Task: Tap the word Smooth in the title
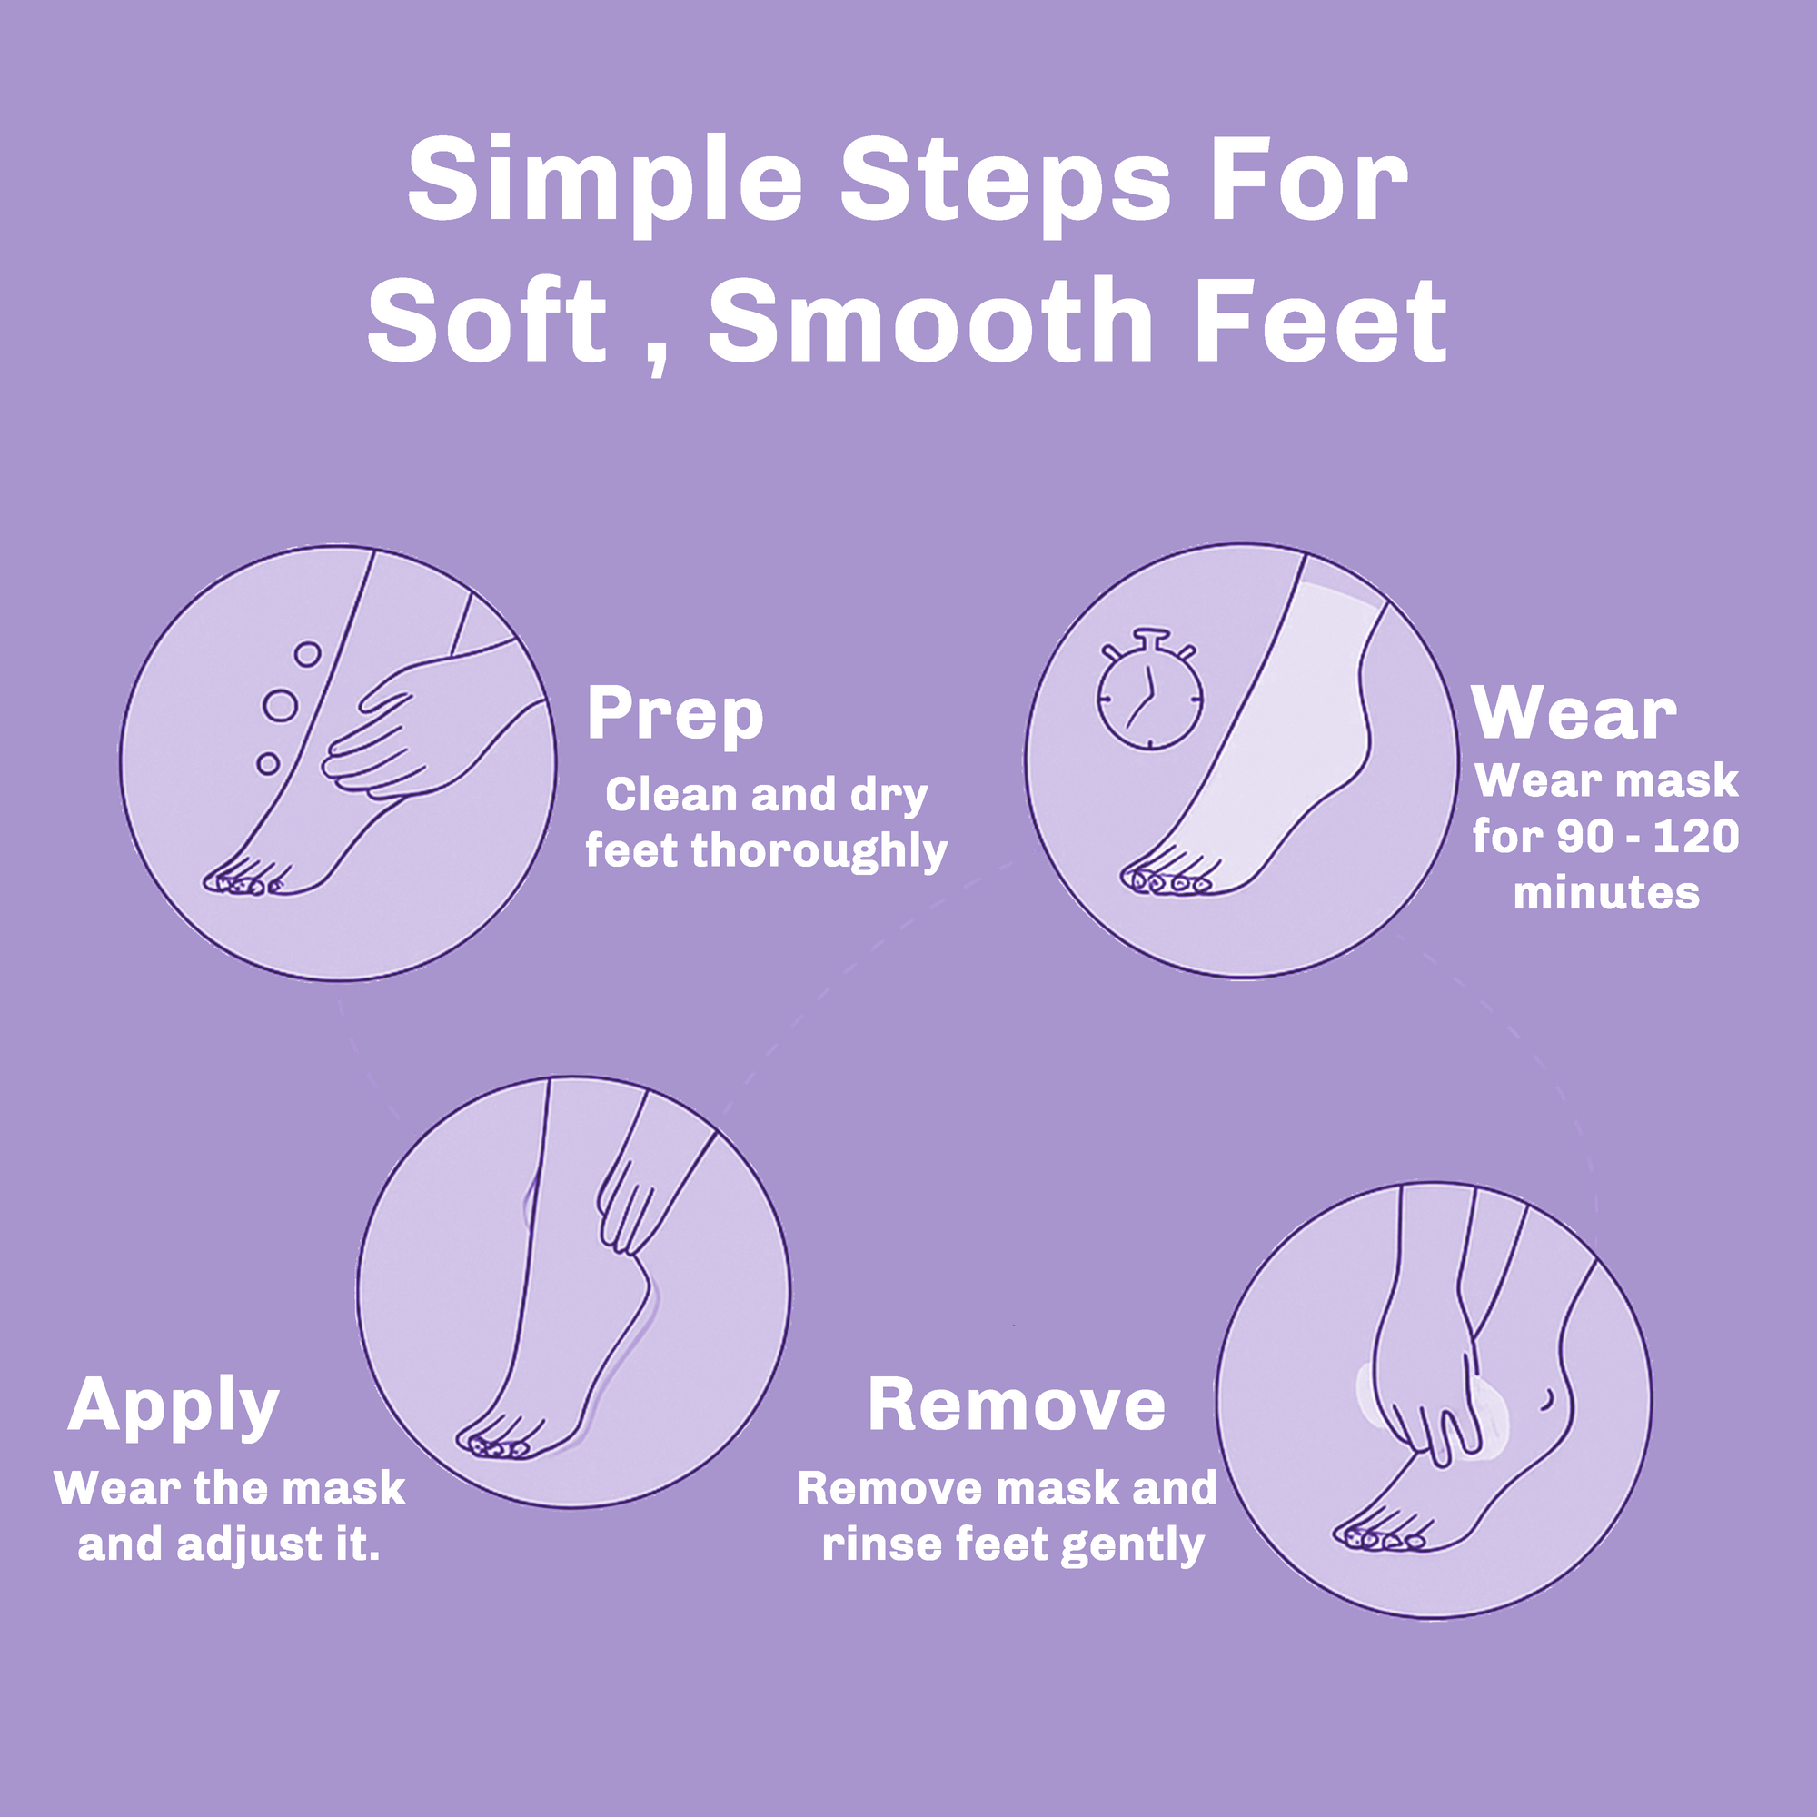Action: click(x=930, y=322)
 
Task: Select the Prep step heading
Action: click(x=674, y=716)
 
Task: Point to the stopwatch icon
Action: click(x=1150, y=695)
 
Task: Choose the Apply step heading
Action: click(x=174, y=1406)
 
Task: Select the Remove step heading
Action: click(x=1016, y=1405)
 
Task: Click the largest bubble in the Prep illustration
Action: click(x=280, y=704)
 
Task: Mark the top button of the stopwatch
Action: click(x=1151, y=634)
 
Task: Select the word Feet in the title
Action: click(x=1320, y=322)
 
